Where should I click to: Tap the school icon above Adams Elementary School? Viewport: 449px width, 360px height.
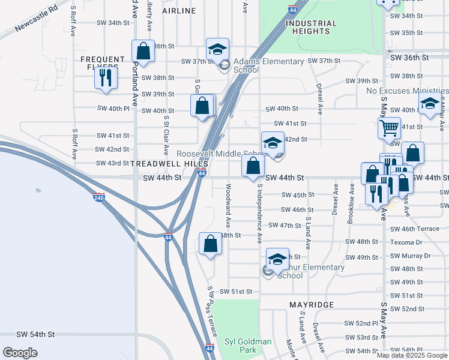coord(217,49)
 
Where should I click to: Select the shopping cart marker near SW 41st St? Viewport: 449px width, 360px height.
coord(389,128)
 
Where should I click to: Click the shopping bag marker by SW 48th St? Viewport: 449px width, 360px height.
coord(210,244)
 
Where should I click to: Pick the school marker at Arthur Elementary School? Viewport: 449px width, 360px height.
coord(277,259)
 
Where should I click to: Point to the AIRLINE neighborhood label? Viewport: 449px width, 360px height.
coord(179,11)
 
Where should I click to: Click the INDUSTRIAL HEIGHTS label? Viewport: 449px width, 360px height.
coord(311,28)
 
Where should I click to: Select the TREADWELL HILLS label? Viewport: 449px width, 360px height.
coord(169,163)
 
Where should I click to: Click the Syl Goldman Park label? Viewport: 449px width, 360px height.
coord(248,346)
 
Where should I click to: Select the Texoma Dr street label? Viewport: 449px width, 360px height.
coord(406,242)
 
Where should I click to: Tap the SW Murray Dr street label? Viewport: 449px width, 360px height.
coord(411,256)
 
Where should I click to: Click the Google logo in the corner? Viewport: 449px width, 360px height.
coord(20,353)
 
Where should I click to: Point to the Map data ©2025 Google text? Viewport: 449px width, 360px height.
coord(411,355)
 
